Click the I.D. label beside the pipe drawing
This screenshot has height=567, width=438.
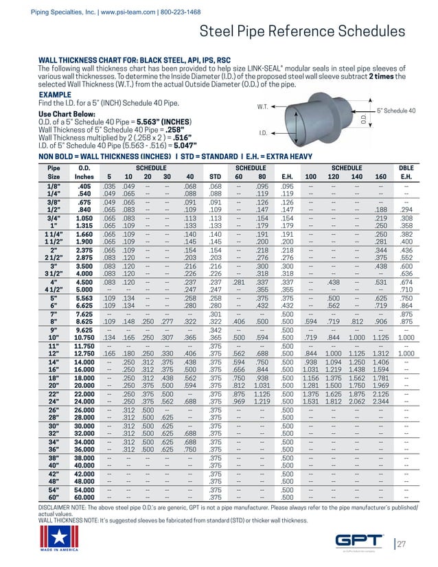(x=262, y=132)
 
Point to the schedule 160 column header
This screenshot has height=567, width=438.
(x=380, y=176)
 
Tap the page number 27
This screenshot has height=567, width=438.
(x=402, y=544)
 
